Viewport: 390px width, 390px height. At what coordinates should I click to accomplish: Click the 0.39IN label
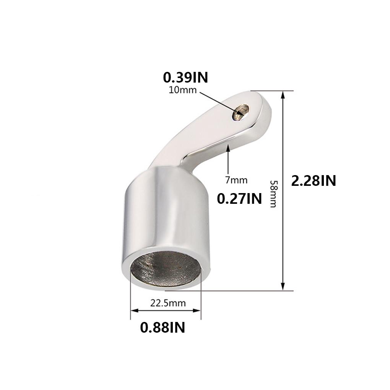(x=185, y=77)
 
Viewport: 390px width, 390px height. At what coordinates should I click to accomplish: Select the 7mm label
(x=236, y=180)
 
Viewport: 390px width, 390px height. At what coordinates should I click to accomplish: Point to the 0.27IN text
(x=239, y=198)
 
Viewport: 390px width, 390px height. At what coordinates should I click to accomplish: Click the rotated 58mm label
(x=273, y=194)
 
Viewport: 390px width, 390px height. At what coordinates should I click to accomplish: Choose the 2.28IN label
(x=314, y=180)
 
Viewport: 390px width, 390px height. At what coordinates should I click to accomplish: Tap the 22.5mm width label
(x=168, y=303)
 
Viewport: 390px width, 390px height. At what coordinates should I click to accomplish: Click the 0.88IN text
(x=162, y=327)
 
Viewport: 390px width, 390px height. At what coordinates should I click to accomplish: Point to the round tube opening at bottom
(x=165, y=270)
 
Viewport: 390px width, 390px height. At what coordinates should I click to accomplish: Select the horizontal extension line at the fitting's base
(x=245, y=291)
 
